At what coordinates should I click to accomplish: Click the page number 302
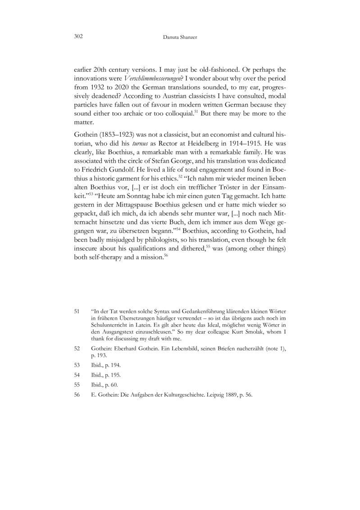(77, 36)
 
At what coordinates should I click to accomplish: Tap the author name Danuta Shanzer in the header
(180, 37)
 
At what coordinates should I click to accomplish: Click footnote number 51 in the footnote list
(77, 311)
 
